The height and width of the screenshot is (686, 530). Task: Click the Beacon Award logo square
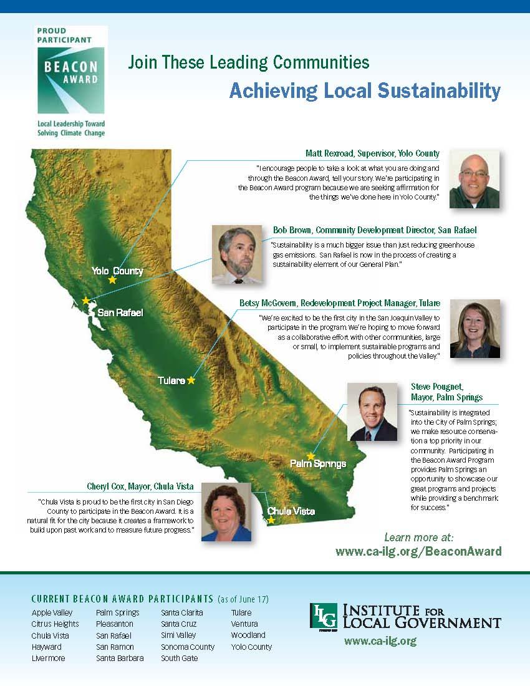71,80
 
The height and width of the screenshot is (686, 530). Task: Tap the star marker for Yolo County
112,279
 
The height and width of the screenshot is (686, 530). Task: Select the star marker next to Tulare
191,380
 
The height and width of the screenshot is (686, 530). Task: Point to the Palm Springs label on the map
318,463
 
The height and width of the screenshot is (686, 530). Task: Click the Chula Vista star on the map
271,520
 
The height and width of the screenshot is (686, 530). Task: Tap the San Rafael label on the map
120,312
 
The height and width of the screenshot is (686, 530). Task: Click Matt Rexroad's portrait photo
475,179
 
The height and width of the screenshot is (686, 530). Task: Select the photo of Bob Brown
237,254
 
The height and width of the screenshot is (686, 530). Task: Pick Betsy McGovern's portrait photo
475,329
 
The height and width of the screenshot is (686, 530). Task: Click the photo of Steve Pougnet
372,412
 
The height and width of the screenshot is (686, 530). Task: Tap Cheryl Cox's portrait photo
226,512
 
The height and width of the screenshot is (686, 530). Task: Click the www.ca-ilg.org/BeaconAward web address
418,551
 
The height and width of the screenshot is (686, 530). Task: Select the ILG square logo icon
324,616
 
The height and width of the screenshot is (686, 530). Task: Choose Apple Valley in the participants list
52,613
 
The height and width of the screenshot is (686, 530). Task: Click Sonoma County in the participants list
188,647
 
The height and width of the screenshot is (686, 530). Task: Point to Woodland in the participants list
248,635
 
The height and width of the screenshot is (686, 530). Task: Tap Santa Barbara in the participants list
120,658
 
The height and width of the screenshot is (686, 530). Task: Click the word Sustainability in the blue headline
439,91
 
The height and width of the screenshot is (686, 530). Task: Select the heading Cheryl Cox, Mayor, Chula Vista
140,486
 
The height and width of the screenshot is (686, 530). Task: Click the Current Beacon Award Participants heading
122,599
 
